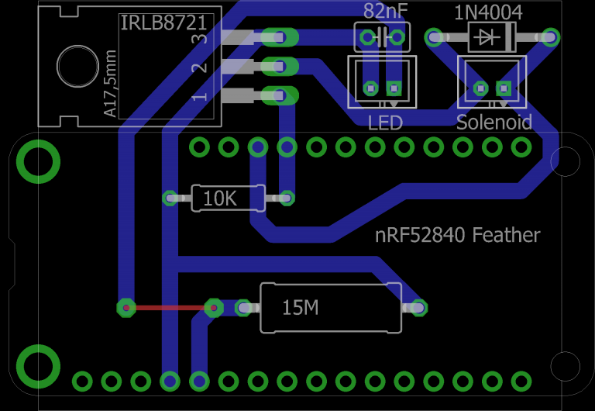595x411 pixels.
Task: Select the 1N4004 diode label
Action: [488, 12]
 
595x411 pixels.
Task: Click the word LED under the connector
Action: [385, 123]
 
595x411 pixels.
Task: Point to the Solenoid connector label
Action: [494, 123]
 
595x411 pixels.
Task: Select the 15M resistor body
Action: [331, 308]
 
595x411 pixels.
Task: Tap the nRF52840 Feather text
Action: [457, 235]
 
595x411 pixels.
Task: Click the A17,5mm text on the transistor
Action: [110, 84]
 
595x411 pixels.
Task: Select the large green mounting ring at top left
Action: [38, 161]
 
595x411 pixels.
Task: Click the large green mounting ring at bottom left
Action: [38, 366]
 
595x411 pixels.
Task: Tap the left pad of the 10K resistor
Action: [170, 199]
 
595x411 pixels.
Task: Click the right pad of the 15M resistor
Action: [419, 308]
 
